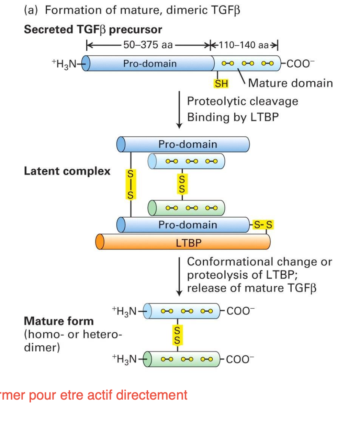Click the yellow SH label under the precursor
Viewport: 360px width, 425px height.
221,83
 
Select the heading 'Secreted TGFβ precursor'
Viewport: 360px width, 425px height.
93,30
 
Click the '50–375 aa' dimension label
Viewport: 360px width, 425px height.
148,45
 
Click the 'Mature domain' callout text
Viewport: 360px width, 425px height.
290,83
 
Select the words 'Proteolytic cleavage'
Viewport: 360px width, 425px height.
242,101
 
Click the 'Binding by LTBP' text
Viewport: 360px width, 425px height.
233,117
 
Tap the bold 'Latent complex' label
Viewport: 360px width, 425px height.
67,171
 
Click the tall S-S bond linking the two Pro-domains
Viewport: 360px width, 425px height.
130,184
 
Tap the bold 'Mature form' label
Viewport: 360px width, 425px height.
59,321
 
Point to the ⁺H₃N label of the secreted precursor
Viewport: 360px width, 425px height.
65,64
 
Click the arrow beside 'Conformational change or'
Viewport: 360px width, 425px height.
179,276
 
